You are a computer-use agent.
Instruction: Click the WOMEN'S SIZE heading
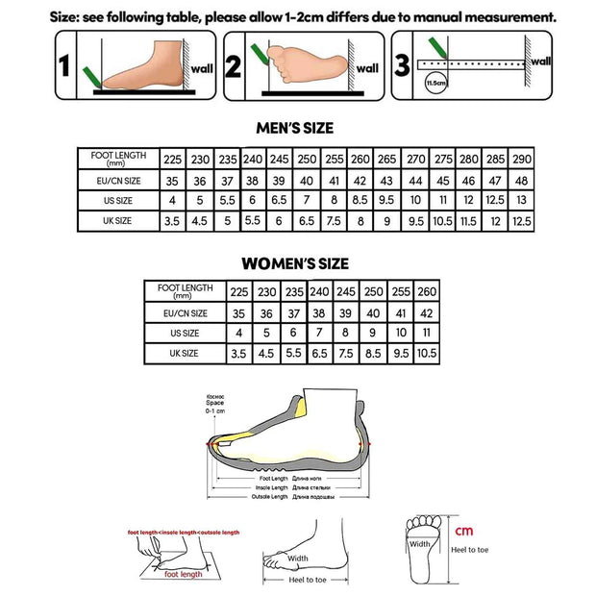294,263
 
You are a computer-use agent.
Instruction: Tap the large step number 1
65,66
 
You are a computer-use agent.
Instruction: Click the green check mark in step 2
257,50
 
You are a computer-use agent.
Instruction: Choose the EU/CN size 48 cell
522,180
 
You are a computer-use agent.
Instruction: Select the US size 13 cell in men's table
522,200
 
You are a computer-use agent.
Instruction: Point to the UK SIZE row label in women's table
184,354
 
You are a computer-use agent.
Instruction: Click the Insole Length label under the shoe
273,487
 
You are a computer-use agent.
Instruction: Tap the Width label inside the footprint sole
420,543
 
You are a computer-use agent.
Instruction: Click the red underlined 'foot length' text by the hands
183,574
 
